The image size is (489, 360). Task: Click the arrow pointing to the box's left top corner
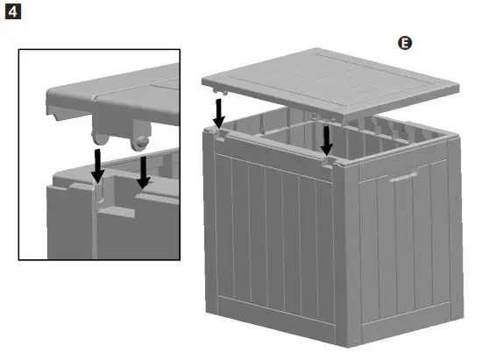pos(218,110)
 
